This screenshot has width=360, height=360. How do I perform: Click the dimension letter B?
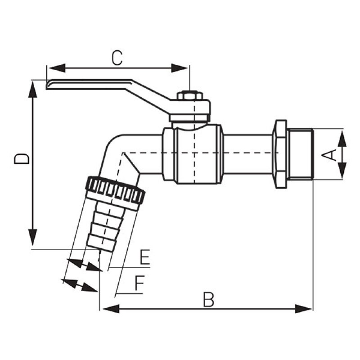coord(208,300)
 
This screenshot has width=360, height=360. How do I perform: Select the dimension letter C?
coord(117,58)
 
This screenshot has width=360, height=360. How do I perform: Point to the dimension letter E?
coord(144,258)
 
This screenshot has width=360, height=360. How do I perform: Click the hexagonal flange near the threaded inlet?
coord(280,154)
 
